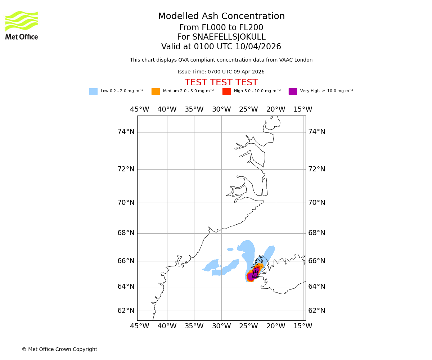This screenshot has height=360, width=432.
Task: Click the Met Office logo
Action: pos(22,25)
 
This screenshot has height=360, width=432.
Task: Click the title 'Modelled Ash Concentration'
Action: pos(221,17)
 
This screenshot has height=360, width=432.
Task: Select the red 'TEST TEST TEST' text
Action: pos(221,83)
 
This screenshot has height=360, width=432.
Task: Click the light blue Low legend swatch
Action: pos(93,91)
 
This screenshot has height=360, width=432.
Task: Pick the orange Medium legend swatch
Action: pos(156,91)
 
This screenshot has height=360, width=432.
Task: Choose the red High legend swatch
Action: pos(226,91)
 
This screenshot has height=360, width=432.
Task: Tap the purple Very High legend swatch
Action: pos(293,91)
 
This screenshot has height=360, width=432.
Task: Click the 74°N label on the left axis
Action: pos(126,132)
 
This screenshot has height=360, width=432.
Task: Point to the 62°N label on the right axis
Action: pos(316,311)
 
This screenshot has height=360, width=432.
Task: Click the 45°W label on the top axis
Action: pos(140,109)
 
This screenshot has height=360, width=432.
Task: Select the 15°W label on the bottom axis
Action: pos(303,326)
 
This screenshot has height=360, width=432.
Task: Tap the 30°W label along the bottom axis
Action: pos(221,326)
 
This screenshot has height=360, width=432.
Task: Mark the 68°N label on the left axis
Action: pos(126,233)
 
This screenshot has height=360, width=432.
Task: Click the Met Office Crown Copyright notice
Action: pos(59,350)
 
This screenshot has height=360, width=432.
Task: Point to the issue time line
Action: pos(221,72)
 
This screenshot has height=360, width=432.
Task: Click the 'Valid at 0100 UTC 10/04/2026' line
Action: pos(221,47)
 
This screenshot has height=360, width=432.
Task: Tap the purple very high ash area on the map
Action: pos(252,275)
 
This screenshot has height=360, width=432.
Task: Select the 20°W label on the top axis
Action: pos(276,109)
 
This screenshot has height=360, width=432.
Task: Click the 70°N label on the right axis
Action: pos(316,203)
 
